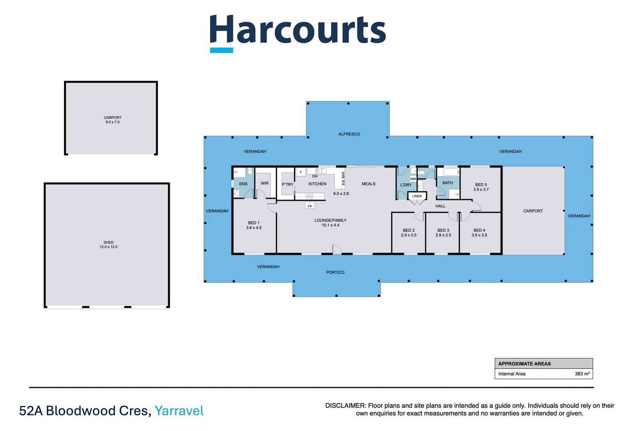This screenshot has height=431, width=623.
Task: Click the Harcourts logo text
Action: (x=298, y=30)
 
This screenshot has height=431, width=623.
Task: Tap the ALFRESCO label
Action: (x=349, y=134)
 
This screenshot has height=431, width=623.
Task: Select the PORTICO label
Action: (x=335, y=272)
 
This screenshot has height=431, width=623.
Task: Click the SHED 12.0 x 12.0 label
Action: (x=109, y=245)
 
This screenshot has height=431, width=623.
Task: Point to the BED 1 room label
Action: (x=254, y=225)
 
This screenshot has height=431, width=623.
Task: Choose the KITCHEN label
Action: (x=317, y=184)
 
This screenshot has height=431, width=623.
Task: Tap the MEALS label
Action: (x=368, y=184)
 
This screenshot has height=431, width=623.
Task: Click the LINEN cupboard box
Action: (x=417, y=196)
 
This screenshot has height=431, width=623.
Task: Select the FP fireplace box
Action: (x=310, y=206)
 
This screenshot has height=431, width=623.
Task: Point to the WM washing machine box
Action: (x=413, y=179)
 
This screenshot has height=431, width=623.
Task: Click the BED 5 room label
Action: (x=481, y=187)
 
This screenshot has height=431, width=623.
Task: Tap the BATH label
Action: (x=447, y=183)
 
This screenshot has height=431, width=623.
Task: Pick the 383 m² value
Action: (x=582, y=374)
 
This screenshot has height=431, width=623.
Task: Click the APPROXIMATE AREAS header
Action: (x=524, y=364)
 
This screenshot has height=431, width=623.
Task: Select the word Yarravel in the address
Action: (x=179, y=411)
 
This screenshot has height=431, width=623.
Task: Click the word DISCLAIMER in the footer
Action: (x=345, y=405)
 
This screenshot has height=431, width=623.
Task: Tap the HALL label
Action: (x=440, y=206)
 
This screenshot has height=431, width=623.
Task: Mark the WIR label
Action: (x=264, y=183)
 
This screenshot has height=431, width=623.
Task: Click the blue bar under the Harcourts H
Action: (x=222, y=50)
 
